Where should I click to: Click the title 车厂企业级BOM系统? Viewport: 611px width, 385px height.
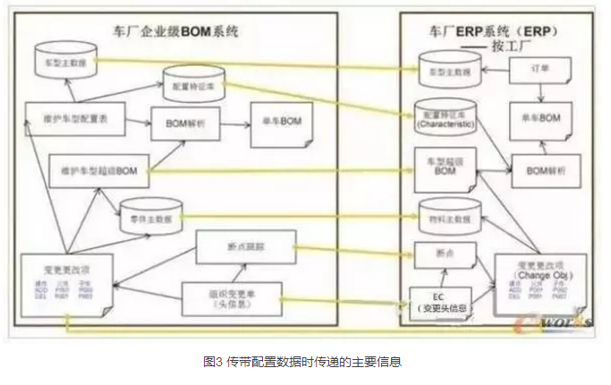pos(183,34)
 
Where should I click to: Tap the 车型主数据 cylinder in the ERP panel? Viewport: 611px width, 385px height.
pos(447,70)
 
